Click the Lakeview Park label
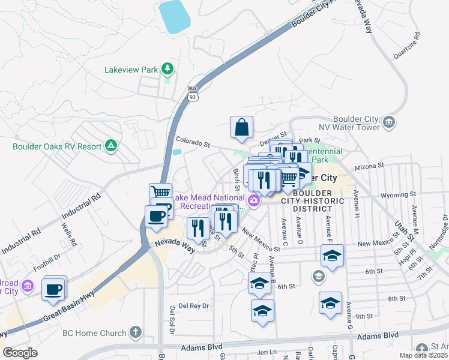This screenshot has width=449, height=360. point(130,70)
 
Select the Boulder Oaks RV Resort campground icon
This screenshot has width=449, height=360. point(110,145)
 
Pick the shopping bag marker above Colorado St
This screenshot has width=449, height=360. point(241,127)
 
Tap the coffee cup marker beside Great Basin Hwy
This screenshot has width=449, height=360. point(54,289)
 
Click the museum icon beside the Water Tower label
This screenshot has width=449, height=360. point(389,123)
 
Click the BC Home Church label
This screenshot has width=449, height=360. point(95,333)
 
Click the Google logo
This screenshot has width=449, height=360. point(20,353)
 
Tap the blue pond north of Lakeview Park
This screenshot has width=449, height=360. point(175,16)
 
